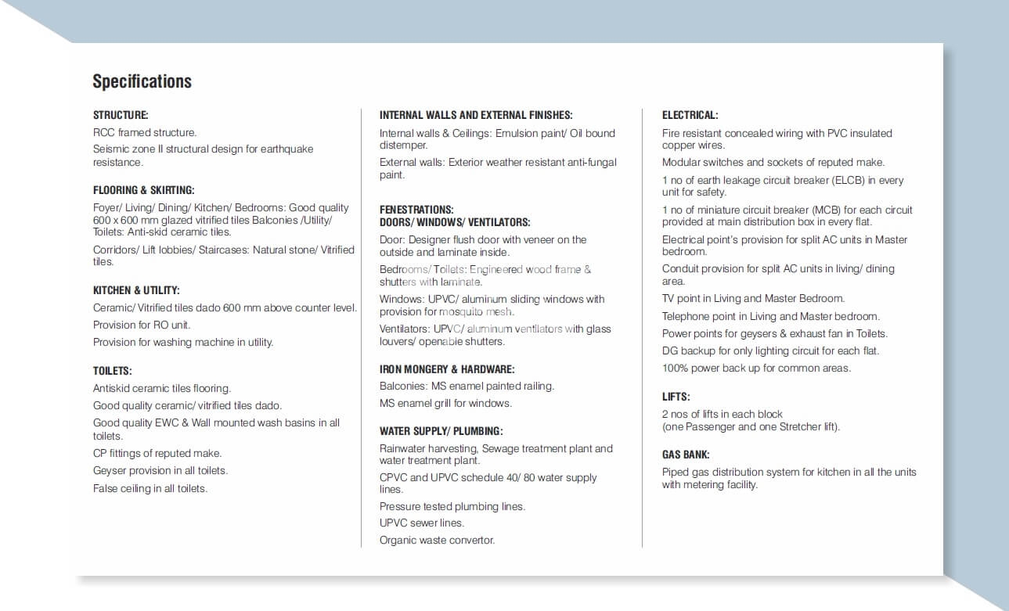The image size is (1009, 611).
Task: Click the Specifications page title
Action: pyautogui.click(x=142, y=81)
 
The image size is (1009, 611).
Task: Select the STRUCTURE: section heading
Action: pyautogui.click(x=121, y=115)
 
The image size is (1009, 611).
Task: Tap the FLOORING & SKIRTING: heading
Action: pyautogui.click(x=143, y=190)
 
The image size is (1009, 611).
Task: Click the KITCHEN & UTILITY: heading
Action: pyautogui.click(x=136, y=290)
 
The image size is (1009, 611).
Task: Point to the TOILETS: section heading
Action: pyautogui.click(x=112, y=371)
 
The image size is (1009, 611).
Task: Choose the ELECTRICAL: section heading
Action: pyautogui.click(x=690, y=115)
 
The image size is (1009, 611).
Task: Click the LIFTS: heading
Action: pyautogui.click(x=676, y=397)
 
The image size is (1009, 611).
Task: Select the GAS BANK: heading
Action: pyautogui.click(x=686, y=455)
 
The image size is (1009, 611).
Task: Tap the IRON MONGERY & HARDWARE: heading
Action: pyautogui.click(x=447, y=369)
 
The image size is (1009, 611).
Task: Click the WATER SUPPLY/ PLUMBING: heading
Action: pyautogui.click(x=441, y=431)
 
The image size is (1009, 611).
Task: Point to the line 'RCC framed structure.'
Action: pyautogui.click(x=145, y=133)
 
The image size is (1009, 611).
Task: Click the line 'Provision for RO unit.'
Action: pyautogui.click(x=142, y=325)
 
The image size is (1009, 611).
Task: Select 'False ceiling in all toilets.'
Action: pyautogui.click(x=150, y=488)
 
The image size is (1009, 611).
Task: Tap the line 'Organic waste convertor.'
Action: pyautogui.click(x=437, y=540)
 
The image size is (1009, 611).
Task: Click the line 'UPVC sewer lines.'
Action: pyautogui.click(x=421, y=523)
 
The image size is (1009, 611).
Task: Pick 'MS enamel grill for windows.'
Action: pyautogui.click(x=445, y=404)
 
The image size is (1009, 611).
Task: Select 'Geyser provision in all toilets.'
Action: pyautogui.click(x=160, y=471)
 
